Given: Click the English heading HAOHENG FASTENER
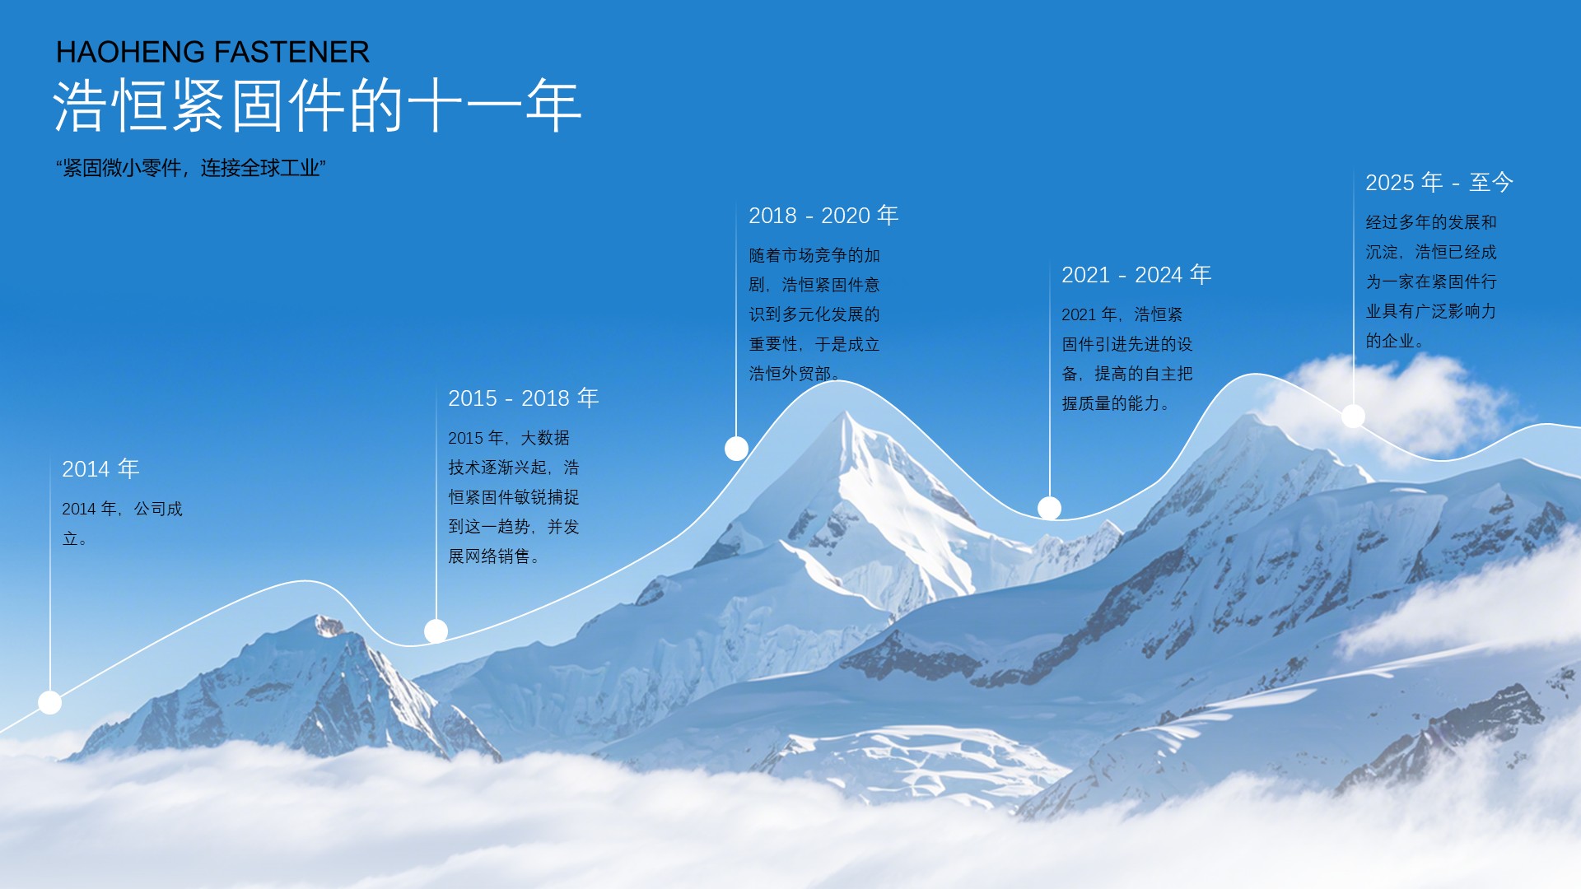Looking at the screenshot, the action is pyautogui.click(x=212, y=52).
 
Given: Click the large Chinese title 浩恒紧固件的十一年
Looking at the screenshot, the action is pyautogui.click(x=318, y=105).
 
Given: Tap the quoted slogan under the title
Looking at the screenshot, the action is pyautogui.click(x=191, y=168).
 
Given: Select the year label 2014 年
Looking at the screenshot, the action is pyautogui.click(x=100, y=468).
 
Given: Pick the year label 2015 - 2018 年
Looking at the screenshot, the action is pyautogui.click(x=523, y=398).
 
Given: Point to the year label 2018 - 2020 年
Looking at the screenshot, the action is pyautogui.click(x=823, y=215).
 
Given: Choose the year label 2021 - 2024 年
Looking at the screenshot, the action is pyautogui.click(x=1136, y=274).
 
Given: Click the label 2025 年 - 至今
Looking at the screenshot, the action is pyautogui.click(x=1439, y=182).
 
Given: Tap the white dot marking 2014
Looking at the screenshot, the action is pyautogui.click(x=50, y=702).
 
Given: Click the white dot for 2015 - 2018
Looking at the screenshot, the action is pyautogui.click(x=436, y=631).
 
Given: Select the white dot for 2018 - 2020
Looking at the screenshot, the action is pyautogui.click(x=736, y=449).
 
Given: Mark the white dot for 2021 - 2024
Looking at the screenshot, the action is pyautogui.click(x=1049, y=508).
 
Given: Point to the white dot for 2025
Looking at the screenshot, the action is pyautogui.click(x=1353, y=416).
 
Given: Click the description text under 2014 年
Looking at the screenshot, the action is pyautogui.click(x=122, y=524).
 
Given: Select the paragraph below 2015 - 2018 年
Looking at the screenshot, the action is pyautogui.click(x=514, y=496).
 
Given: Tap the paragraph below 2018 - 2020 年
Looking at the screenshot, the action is pyautogui.click(x=814, y=314).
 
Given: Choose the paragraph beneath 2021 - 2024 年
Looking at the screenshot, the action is pyautogui.click(x=1127, y=358).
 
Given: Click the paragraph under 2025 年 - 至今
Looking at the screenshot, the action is pyautogui.click(x=1431, y=281).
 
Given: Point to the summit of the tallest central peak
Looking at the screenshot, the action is pyautogui.click(x=845, y=412).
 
